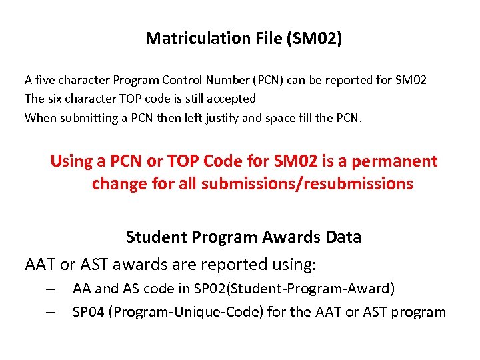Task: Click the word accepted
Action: point(231,99)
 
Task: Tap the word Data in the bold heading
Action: point(344,237)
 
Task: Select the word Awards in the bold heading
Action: point(291,237)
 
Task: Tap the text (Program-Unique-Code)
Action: point(185,312)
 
